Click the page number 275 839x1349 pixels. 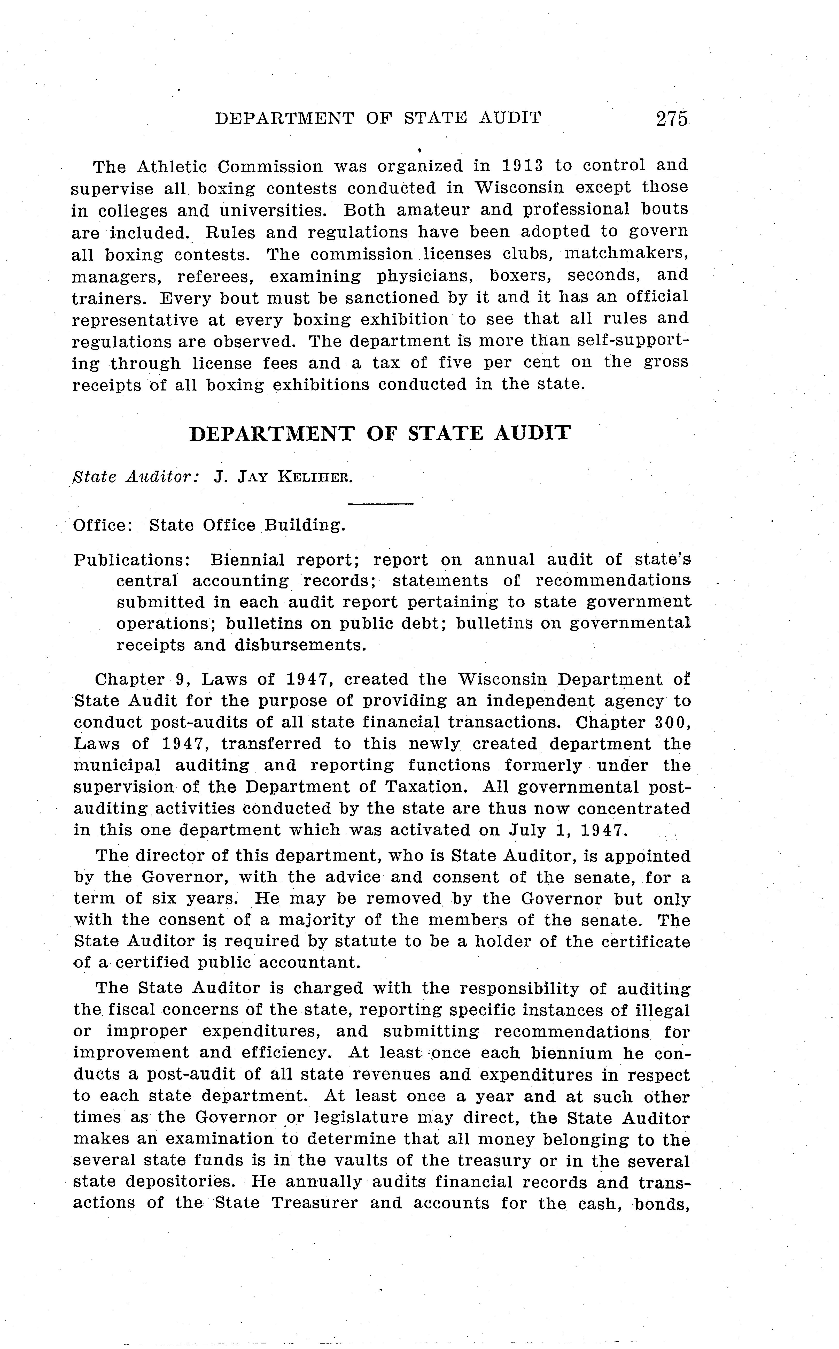(x=671, y=119)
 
